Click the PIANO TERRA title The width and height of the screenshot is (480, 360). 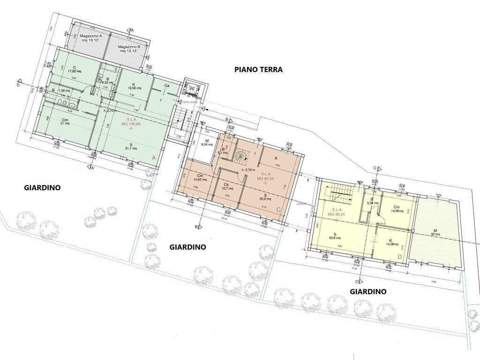click(x=258, y=70)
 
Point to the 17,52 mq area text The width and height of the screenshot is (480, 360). click(x=74, y=71)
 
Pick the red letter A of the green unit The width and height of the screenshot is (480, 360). click(x=154, y=158)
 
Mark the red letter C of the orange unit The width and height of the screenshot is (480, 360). click(x=279, y=209)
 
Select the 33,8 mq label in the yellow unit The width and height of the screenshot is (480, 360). click(x=335, y=237)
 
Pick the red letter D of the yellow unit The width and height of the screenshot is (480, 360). click(x=399, y=256)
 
